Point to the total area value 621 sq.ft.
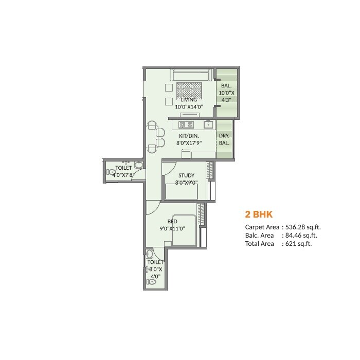click(298, 244)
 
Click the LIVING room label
click(182, 100)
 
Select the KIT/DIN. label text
click(186, 136)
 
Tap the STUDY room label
click(186, 175)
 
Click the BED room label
click(166, 222)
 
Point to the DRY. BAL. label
click(224, 139)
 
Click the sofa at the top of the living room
click(191, 75)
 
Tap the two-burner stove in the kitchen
click(186, 124)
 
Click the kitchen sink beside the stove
click(208, 124)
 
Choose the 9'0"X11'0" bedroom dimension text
click(172, 229)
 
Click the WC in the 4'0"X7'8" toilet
click(111, 172)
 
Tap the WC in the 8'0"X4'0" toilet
click(152, 282)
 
